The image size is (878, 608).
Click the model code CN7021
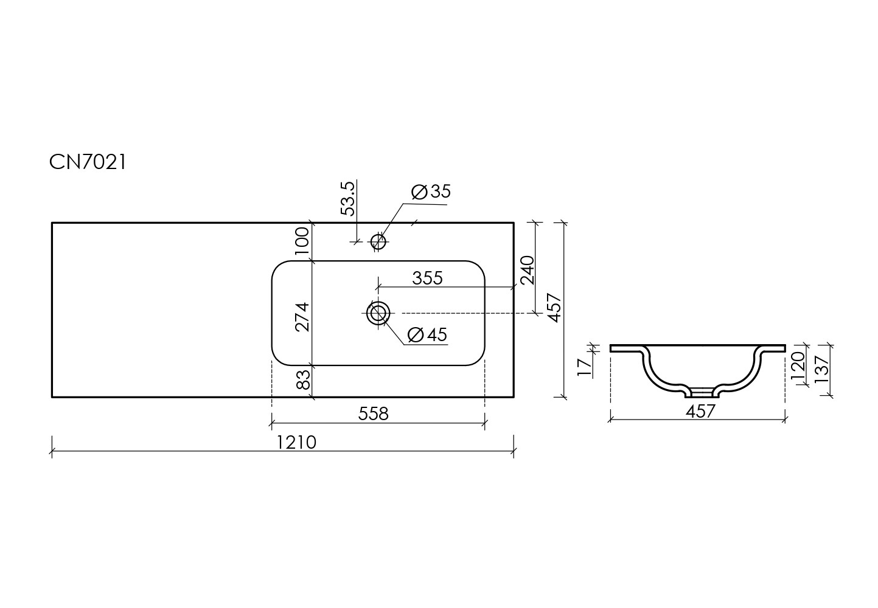[88, 162]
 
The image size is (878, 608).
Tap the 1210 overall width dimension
[296, 443]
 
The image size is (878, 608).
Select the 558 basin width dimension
[373, 413]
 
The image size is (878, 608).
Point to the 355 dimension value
[427, 278]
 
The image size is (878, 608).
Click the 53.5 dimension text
[348, 198]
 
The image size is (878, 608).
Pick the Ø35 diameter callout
[431, 192]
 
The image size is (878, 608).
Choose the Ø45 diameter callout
[427, 335]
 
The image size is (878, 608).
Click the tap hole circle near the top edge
[378, 241]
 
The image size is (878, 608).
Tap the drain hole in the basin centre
[378, 313]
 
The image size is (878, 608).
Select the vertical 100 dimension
[303, 241]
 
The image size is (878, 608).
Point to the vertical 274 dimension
[303, 317]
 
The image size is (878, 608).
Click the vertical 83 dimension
[303, 380]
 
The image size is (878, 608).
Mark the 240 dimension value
[528, 270]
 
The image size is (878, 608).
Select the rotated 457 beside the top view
[555, 308]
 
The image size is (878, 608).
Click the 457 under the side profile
[700, 412]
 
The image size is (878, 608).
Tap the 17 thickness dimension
[585, 367]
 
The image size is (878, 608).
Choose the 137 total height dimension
[821, 370]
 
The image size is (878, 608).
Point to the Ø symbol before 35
[419, 192]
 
